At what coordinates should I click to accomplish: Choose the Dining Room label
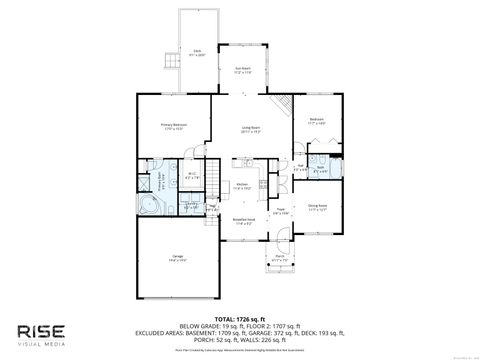[317, 207]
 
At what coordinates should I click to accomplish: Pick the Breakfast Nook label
[243, 222]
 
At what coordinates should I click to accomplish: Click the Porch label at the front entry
[279, 258]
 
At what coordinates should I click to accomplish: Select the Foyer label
[282, 211]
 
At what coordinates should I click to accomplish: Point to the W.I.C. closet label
[192, 177]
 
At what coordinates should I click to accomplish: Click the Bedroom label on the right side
[316, 120]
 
